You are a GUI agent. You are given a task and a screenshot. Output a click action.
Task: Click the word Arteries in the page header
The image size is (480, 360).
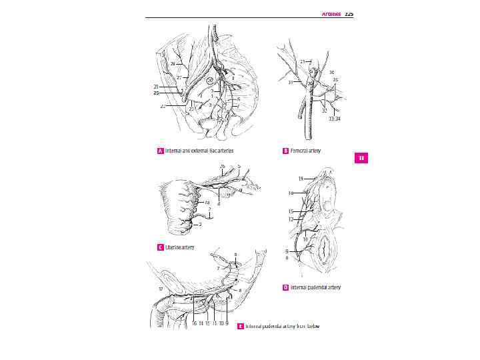(x=331, y=13)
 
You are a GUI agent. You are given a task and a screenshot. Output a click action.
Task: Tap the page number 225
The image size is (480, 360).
(x=349, y=13)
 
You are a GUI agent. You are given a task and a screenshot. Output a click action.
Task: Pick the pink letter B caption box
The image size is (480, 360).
(x=285, y=151)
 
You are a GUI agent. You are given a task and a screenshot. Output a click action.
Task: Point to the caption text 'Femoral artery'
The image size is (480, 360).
(x=305, y=151)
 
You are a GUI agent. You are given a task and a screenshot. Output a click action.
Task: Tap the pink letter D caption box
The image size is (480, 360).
(x=285, y=287)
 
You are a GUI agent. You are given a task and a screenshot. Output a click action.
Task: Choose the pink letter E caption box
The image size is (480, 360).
(x=241, y=326)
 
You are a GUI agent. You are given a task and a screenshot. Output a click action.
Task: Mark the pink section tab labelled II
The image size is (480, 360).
(x=361, y=158)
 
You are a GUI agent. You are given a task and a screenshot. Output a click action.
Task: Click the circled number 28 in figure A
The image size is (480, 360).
(x=209, y=79)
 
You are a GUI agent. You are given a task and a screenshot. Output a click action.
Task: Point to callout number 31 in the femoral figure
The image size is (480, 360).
(x=291, y=83)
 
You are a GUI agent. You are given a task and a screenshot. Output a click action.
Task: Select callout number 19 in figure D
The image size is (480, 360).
(x=301, y=179)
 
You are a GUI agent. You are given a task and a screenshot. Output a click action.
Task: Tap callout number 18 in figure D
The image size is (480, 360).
(x=291, y=193)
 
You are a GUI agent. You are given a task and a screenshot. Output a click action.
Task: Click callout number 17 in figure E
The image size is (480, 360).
(x=160, y=289)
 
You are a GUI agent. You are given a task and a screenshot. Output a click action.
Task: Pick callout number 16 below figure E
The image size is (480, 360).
(x=194, y=323)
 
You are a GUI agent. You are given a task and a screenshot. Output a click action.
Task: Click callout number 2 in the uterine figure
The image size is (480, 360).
(x=201, y=225)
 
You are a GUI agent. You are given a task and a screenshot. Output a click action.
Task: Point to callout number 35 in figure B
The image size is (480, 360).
(x=336, y=79)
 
